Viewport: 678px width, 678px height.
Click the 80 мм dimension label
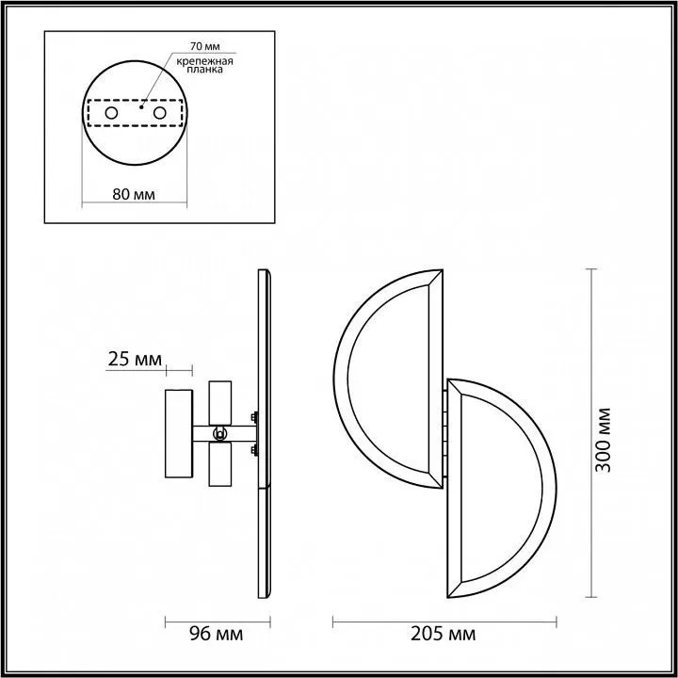[134, 195]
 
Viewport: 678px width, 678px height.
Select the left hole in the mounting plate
[111, 113]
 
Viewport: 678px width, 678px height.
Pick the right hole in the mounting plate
[159, 113]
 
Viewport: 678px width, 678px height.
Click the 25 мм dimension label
[135, 359]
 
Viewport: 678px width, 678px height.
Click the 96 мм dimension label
[217, 634]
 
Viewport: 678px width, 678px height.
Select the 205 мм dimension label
[444, 634]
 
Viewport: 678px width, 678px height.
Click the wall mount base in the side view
[178, 434]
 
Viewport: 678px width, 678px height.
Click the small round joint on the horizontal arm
[219, 434]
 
